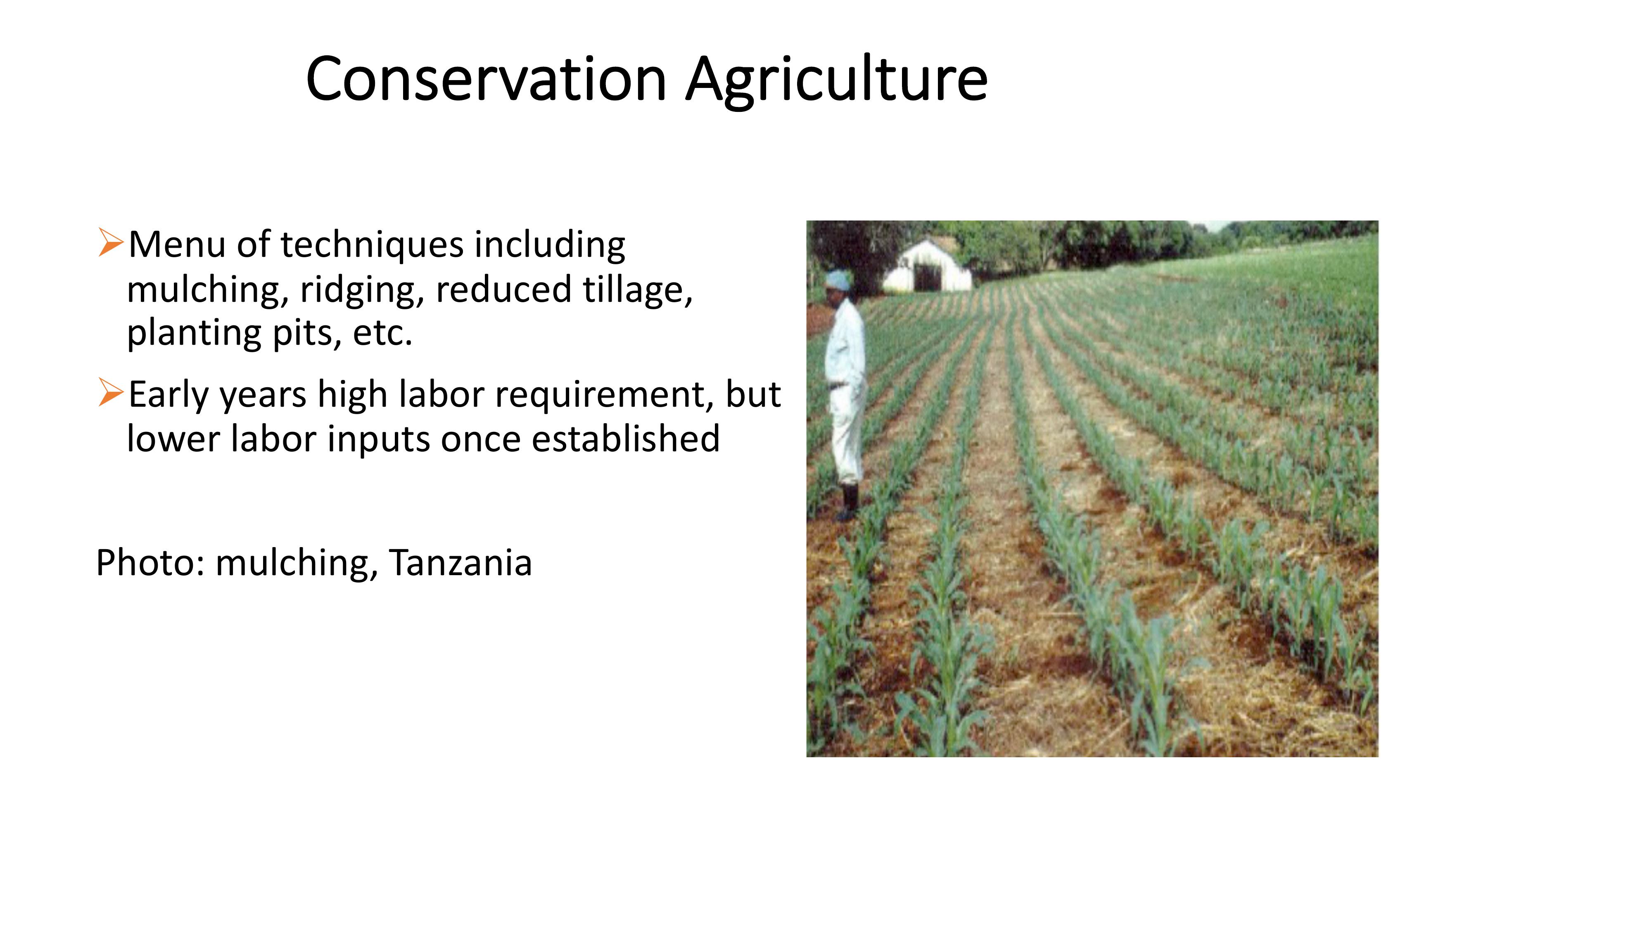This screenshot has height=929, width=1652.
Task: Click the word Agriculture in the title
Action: point(837,82)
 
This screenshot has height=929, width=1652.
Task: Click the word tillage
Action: point(638,289)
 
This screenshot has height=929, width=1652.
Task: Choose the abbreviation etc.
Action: point(383,333)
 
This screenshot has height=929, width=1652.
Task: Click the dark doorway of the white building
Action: point(927,277)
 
